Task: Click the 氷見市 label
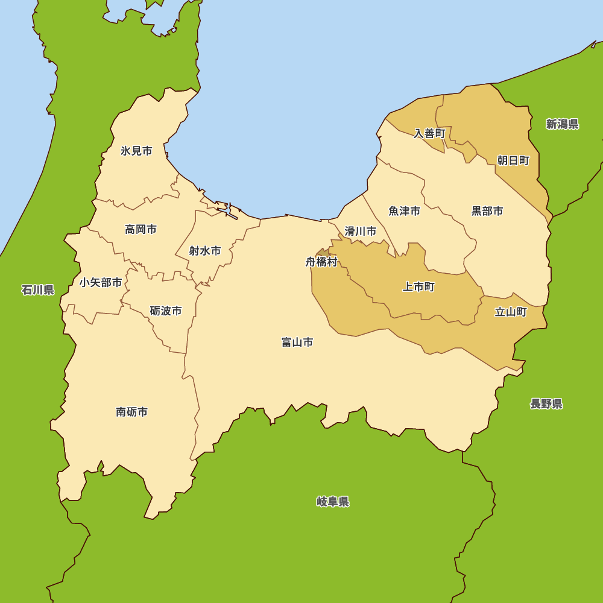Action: (136, 151)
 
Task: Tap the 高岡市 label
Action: (140, 229)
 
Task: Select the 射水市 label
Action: (204, 251)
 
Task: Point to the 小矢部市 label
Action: (101, 282)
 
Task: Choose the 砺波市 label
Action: (166, 311)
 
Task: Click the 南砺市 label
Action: (131, 412)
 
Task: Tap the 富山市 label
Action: (297, 342)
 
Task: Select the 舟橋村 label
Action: (321, 262)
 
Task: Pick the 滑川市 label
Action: (361, 231)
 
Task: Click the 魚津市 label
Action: (404, 211)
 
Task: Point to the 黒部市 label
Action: (487, 211)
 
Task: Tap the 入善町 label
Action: (429, 133)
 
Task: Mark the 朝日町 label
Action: (513, 160)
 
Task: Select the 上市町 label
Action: (418, 287)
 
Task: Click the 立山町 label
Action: (511, 312)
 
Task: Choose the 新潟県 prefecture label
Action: (562, 124)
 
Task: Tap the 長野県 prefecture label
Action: (546, 404)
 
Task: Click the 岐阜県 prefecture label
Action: (333, 502)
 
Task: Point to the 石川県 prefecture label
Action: (38, 290)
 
